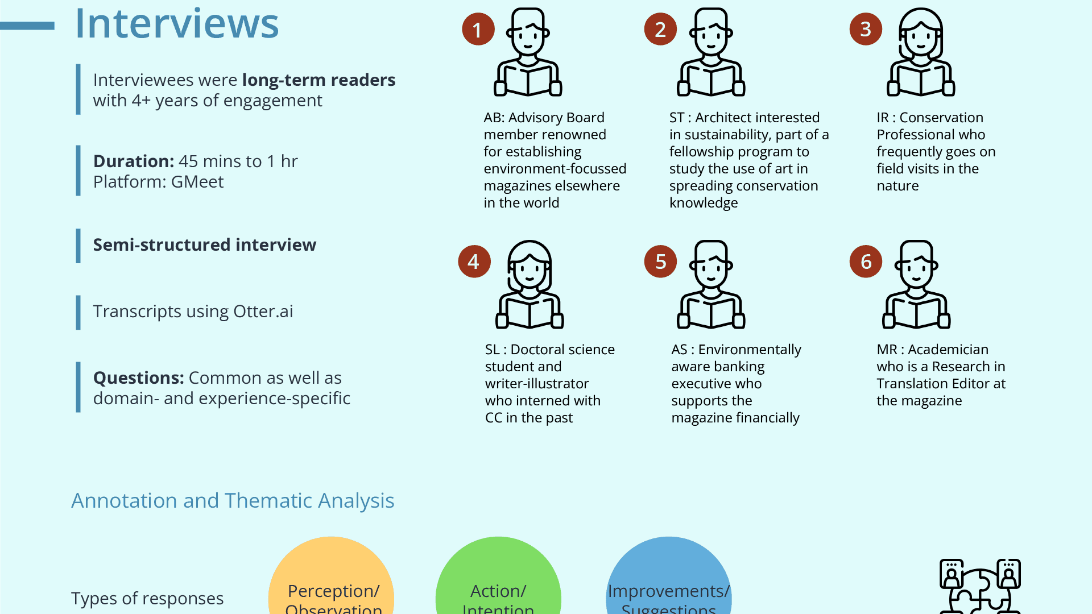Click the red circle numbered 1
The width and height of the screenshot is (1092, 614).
pos(478,30)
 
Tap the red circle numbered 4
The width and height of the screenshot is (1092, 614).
pos(474,262)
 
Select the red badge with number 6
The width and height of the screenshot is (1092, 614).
pos(866,262)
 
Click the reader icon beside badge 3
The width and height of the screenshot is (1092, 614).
pos(921,52)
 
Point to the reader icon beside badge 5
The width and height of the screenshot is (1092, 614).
pos(711,284)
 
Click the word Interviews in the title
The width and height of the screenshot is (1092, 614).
pos(177,24)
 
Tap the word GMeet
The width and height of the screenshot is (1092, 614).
pos(197,182)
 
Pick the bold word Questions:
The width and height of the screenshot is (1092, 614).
pos(138,378)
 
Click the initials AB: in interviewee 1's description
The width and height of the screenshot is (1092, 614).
pos(494,118)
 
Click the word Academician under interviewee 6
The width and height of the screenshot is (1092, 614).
pos(948,350)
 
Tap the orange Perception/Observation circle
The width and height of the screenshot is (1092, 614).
pos(331,580)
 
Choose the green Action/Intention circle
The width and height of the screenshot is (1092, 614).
pos(498,580)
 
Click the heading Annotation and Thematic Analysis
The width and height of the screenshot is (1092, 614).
pos(233,501)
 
